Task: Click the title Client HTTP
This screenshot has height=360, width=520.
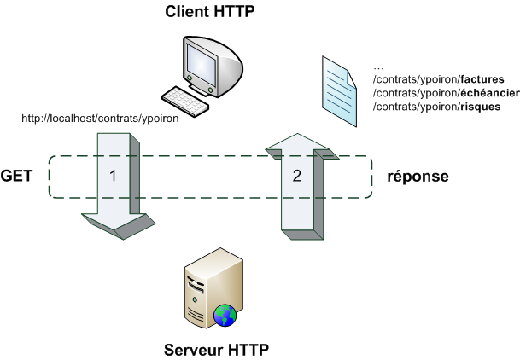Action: pyautogui.click(x=209, y=12)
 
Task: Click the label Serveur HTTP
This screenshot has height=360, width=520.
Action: pyautogui.click(x=217, y=350)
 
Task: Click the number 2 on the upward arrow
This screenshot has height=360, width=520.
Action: pyautogui.click(x=296, y=177)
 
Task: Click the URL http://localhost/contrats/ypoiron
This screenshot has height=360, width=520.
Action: pyautogui.click(x=101, y=119)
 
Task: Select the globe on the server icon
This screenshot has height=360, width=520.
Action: pyautogui.click(x=225, y=316)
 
